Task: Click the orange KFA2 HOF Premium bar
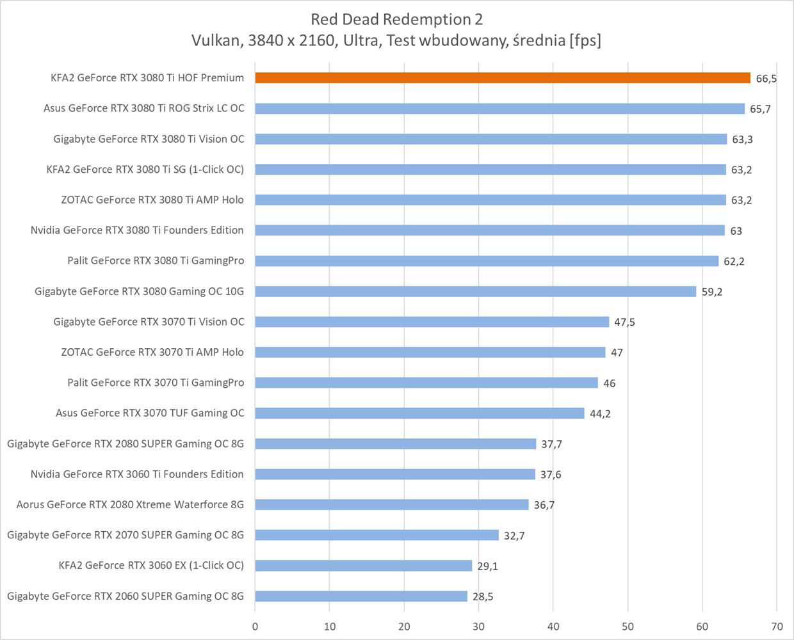503,78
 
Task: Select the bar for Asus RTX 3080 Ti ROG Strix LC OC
499,109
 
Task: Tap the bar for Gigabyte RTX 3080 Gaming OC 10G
475,291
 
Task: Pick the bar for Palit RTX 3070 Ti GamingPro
426,383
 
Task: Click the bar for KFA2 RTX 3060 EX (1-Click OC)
363,566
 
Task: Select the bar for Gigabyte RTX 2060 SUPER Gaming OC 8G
361,596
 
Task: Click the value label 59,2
712,292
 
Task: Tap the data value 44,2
600,414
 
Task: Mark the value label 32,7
514,536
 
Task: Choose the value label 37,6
551,475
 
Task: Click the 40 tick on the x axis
553,627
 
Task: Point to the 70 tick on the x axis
777,627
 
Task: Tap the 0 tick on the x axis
255,627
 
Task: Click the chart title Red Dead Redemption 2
396,19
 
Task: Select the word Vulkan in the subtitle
216,40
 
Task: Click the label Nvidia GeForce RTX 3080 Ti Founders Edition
137,230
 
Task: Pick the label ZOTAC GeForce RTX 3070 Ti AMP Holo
152,352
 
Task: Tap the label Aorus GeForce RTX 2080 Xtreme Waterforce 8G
130,505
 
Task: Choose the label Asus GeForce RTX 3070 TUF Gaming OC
150,413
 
